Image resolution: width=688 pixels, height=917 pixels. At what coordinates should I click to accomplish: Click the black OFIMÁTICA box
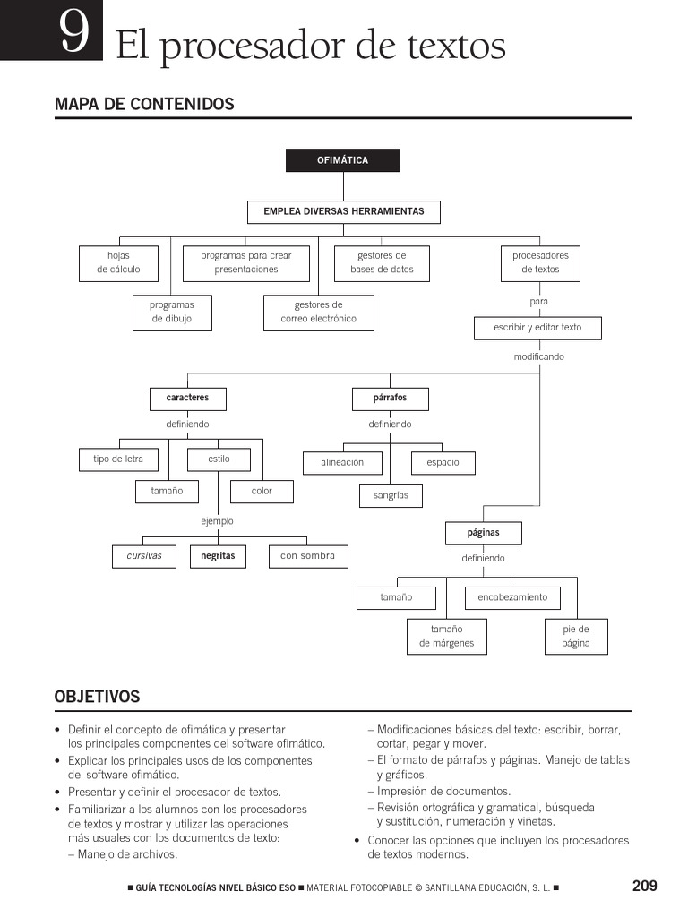click(x=342, y=160)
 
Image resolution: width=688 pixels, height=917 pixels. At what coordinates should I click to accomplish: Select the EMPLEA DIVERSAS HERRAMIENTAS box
click(x=343, y=212)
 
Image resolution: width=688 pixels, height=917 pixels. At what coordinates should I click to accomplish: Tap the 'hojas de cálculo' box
click(x=118, y=262)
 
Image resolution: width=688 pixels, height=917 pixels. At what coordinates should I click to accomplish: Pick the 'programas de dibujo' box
click(x=172, y=312)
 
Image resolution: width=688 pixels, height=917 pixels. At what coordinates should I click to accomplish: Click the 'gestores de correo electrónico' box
click(x=318, y=312)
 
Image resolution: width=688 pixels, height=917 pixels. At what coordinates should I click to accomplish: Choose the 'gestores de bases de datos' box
click(x=382, y=262)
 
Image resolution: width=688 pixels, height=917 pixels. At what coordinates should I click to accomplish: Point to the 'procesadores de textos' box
click(x=540, y=262)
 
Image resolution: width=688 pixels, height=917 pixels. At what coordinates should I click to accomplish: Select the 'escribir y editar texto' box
click(x=537, y=328)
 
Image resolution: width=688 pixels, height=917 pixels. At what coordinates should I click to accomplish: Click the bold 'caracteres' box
click(x=187, y=398)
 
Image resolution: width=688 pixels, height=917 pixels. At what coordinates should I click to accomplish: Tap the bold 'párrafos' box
click(x=390, y=398)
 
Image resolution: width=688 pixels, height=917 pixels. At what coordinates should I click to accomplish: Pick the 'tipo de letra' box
click(x=118, y=459)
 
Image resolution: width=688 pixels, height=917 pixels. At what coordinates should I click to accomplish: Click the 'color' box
click(x=262, y=491)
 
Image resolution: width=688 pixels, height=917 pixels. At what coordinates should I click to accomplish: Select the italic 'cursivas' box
click(x=144, y=556)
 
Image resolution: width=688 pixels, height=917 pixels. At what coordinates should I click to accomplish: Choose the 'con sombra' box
click(x=307, y=556)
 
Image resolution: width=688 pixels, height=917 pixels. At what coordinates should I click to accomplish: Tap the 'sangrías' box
click(x=391, y=495)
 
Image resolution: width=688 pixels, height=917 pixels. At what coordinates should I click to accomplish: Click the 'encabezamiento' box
click(x=512, y=597)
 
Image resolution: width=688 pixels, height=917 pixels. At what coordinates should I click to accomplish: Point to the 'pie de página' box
click(x=576, y=636)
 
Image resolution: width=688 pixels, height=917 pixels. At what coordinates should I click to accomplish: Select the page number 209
click(x=644, y=886)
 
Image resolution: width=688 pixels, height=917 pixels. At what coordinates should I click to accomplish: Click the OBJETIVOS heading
click(x=97, y=696)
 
